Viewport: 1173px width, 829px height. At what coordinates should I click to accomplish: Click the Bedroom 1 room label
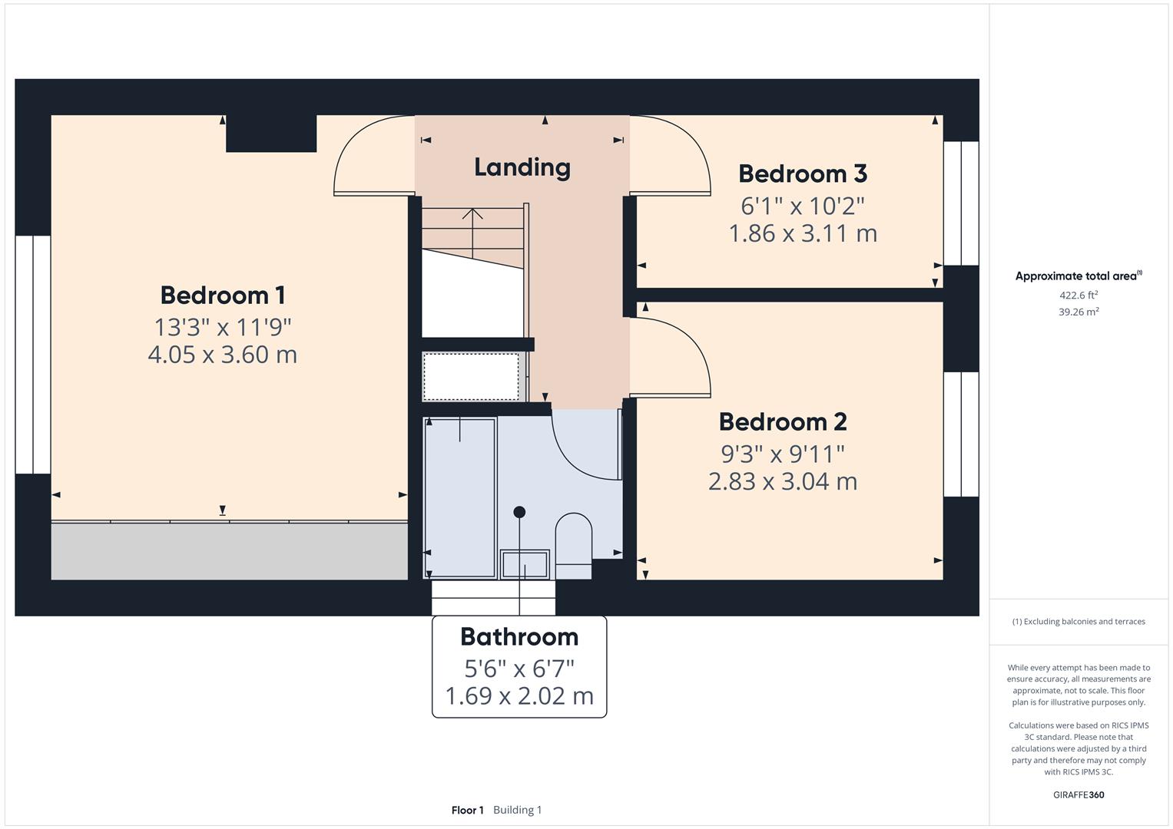click(x=223, y=296)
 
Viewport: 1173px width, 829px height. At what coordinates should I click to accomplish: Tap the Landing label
click(x=522, y=167)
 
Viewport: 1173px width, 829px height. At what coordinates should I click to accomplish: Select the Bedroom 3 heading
click(x=803, y=173)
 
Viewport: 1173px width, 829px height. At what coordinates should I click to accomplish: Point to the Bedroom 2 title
click(x=783, y=422)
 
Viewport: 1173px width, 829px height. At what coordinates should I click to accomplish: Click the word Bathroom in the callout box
click(x=519, y=637)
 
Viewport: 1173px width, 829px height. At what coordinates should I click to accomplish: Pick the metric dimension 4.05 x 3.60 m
click(x=223, y=355)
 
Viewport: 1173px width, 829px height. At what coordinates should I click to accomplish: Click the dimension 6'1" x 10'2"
click(x=803, y=206)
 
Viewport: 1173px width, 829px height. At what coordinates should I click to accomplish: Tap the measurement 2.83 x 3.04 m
click(x=783, y=481)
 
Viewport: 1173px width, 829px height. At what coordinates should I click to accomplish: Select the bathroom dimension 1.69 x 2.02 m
click(x=519, y=696)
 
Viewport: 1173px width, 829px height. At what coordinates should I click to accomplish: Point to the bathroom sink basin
click(x=525, y=564)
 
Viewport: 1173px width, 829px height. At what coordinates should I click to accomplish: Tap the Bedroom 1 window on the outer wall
click(x=33, y=355)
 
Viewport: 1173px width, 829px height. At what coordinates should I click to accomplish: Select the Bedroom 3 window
click(x=961, y=203)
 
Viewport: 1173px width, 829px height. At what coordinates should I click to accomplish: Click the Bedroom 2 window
click(x=961, y=434)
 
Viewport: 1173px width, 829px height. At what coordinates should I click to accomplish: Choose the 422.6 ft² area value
click(x=1079, y=296)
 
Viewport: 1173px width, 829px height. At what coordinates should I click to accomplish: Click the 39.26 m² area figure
click(x=1079, y=312)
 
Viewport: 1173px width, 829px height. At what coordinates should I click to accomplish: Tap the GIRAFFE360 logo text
click(x=1079, y=795)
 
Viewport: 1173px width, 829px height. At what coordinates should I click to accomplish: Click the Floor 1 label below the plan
click(x=468, y=810)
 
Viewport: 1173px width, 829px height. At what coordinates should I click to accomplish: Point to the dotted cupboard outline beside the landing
click(x=470, y=376)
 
